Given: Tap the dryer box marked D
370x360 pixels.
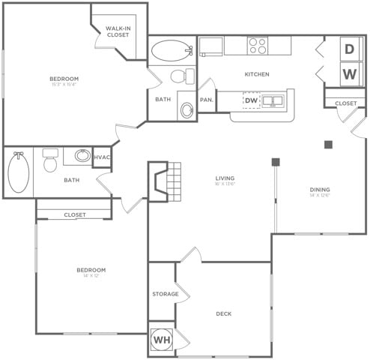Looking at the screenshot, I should [x=350, y=49].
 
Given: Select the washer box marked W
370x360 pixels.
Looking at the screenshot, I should [x=350, y=73].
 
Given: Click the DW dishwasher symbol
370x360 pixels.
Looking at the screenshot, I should [x=251, y=99].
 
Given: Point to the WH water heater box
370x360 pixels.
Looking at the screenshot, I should [x=161, y=339].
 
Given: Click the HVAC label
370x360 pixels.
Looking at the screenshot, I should [x=102, y=157].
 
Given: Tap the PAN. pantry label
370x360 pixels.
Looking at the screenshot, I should [x=207, y=100].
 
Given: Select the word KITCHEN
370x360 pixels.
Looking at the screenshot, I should [x=257, y=74].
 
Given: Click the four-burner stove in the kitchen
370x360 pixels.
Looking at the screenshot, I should [x=258, y=46].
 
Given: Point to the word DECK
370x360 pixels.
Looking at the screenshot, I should [x=224, y=313].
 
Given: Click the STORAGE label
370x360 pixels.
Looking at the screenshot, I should [x=165, y=294].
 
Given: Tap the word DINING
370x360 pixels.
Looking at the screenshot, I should [x=320, y=190].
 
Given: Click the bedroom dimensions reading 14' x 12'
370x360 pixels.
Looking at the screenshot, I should [x=91, y=276].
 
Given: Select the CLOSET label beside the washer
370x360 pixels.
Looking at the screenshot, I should [x=345, y=103].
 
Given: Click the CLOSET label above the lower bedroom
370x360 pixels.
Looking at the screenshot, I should [x=75, y=214].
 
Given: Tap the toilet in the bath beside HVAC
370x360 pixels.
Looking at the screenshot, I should [x=50, y=160].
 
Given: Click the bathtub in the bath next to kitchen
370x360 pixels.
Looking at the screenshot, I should [x=172, y=51].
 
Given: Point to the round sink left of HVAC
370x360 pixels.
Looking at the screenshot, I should [x=82, y=157].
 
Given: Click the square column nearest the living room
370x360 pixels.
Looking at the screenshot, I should [x=276, y=161].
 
